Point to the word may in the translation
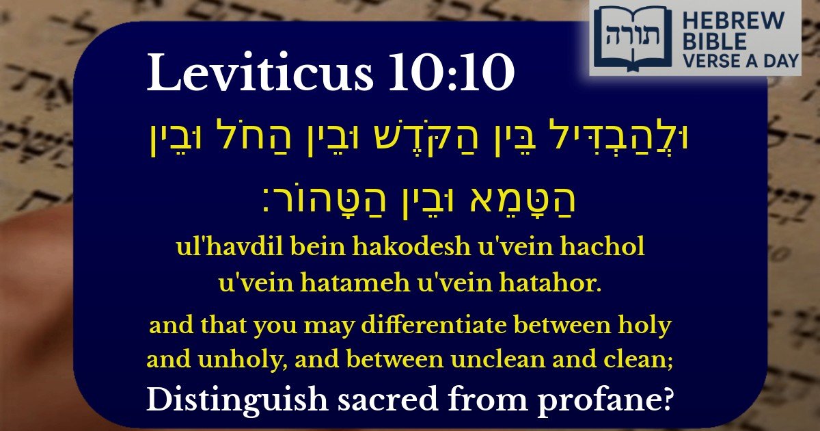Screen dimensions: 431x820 (x=311, y=326)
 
